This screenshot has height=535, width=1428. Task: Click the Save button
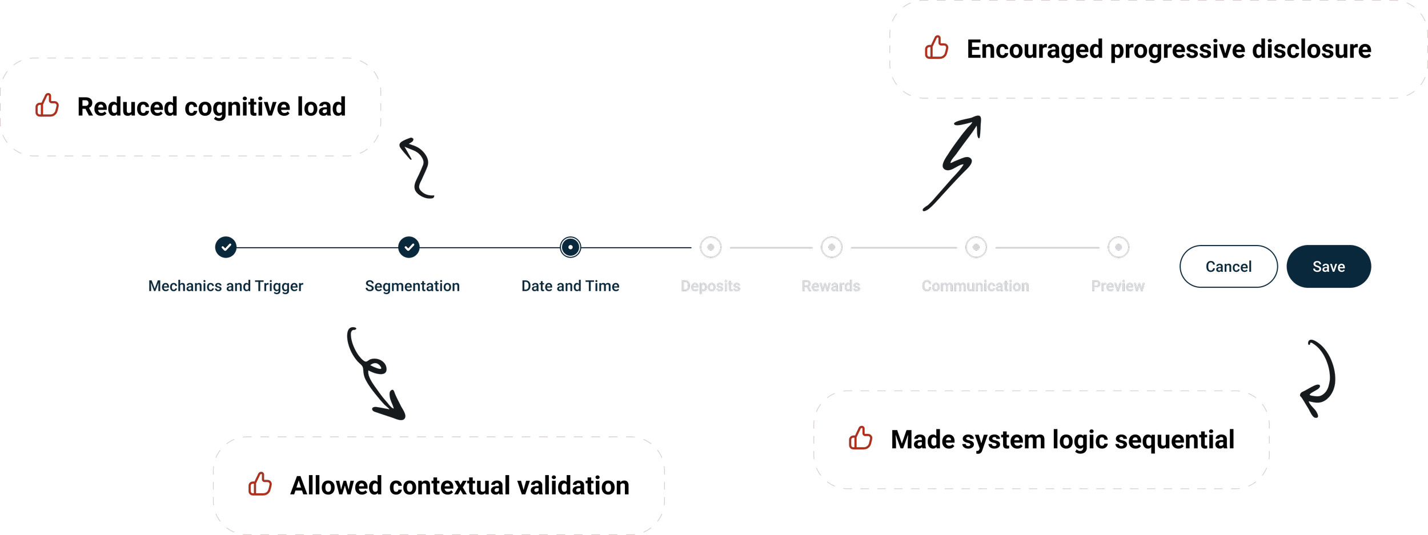click(x=1328, y=267)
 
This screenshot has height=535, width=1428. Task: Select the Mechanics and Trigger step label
click(x=226, y=286)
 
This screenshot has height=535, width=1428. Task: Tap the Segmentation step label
click(x=412, y=286)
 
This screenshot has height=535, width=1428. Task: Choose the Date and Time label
click(x=570, y=286)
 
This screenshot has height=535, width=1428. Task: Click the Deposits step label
click(x=711, y=286)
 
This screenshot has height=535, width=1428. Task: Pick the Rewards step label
click(x=831, y=286)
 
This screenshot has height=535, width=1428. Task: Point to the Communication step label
click(x=975, y=286)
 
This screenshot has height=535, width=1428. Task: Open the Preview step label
click(x=1117, y=286)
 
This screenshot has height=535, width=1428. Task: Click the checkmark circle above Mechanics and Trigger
click(x=226, y=247)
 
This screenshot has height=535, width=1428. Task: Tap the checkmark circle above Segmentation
click(x=409, y=247)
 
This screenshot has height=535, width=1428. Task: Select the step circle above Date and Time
click(x=570, y=247)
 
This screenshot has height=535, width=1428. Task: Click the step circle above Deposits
click(x=711, y=247)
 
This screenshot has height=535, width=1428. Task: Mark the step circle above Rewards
click(x=832, y=247)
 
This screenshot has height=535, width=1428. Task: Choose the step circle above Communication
click(x=976, y=247)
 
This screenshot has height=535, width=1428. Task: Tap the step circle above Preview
click(x=1118, y=247)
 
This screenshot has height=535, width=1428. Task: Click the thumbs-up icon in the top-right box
click(x=936, y=47)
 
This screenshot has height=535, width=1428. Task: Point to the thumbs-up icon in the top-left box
click(x=47, y=106)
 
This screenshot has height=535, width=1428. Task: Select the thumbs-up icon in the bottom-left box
click(x=260, y=484)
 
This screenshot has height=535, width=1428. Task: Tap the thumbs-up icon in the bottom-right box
click(x=860, y=438)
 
